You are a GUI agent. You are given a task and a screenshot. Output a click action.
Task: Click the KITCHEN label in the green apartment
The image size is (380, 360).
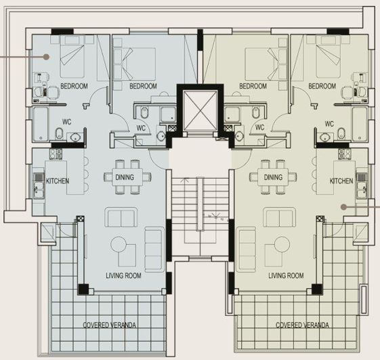click(341, 181)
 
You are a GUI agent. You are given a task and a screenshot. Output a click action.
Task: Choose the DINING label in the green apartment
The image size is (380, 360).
click(273, 177)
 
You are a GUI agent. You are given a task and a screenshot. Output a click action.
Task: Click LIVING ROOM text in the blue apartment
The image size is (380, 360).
click(125, 275)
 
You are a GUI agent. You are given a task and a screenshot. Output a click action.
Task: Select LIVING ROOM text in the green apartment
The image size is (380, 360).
click(286, 275)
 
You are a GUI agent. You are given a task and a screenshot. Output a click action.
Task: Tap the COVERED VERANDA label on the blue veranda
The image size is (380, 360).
click(109, 325)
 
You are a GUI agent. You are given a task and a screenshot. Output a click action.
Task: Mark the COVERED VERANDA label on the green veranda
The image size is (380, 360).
click(303, 325)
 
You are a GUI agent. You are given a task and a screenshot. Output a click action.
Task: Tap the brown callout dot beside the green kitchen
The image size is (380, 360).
click(344, 206)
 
